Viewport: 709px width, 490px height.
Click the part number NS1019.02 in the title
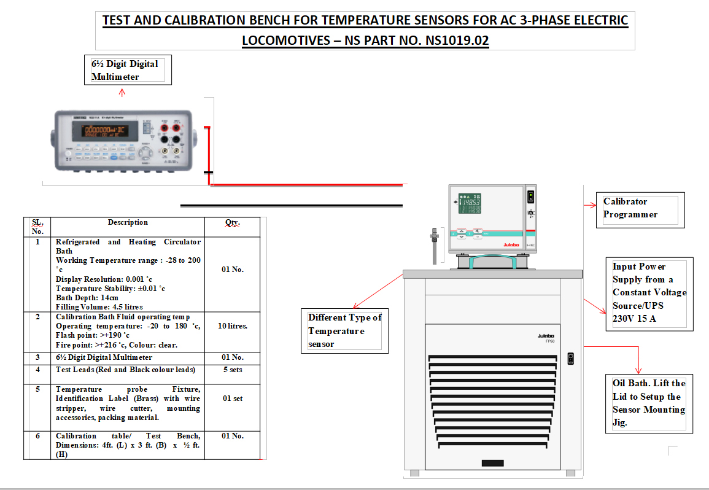pos(457,41)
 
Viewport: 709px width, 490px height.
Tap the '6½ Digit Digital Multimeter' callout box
pos(128,70)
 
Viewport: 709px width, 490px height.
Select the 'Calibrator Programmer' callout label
pos(638,208)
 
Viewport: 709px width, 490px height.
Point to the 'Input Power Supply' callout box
pos(649,293)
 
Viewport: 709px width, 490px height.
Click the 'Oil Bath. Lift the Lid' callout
pos(649,403)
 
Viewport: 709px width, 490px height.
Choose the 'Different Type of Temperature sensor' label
pos(344,331)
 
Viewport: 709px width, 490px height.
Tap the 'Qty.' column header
pos(233,224)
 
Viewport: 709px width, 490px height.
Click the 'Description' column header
pos(128,222)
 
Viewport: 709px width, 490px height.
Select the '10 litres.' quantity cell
pos(233,326)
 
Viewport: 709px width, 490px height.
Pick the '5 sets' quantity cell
pos(233,370)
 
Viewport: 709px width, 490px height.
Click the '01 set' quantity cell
pos(233,399)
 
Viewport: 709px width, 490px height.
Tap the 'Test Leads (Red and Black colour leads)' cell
pos(126,370)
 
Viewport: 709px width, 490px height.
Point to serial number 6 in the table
pos(37,436)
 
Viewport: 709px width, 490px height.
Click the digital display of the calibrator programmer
pos(471,205)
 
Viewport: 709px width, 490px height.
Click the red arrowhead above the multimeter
pos(122,92)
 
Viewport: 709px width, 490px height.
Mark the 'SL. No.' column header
pos(37,227)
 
